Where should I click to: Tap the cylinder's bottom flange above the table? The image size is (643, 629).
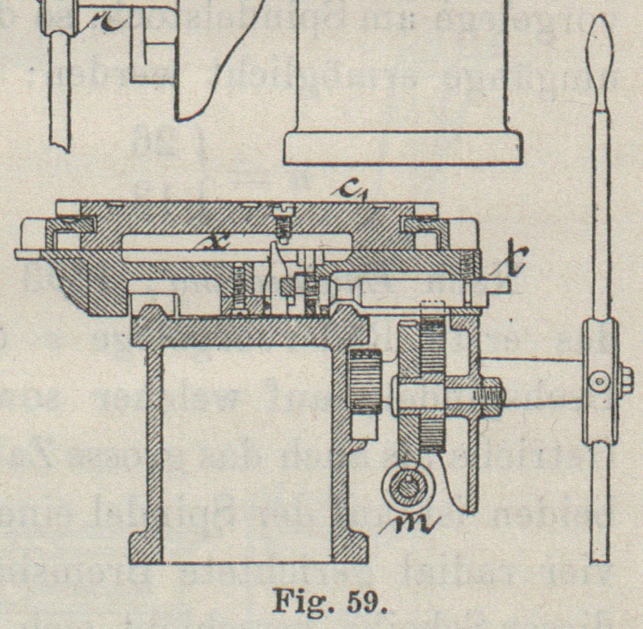coord(403,148)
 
